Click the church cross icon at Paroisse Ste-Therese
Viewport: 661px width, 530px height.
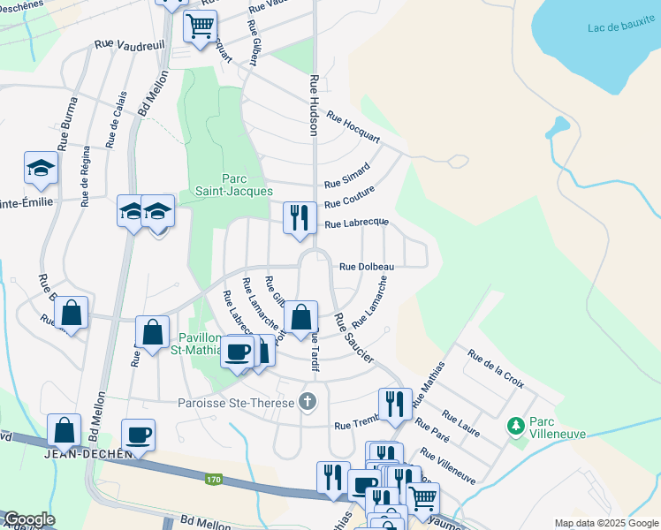click(307, 401)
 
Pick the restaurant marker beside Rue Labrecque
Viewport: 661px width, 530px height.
click(300, 216)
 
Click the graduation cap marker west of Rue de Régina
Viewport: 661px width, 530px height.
click(41, 168)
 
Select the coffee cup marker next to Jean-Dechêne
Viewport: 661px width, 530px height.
click(138, 435)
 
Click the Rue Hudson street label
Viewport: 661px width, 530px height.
click(313, 104)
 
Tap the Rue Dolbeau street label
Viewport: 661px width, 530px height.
click(361, 266)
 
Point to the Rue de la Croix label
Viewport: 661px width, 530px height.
click(496, 370)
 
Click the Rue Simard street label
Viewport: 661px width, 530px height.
click(346, 174)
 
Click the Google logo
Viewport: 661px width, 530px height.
click(29, 519)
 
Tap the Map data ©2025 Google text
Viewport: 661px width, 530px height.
click(606, 523)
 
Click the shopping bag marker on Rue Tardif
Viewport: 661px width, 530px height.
click(300, 317)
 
